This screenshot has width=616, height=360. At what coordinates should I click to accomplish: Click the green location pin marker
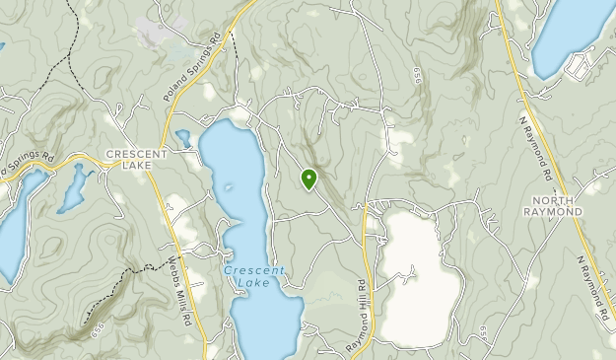click(308, 179)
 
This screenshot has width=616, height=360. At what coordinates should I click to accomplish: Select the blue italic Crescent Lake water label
click(253, 276)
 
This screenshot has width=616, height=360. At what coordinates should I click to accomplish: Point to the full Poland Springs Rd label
click(186, 76)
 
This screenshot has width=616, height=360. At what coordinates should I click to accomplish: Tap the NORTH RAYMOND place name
click(552, 205)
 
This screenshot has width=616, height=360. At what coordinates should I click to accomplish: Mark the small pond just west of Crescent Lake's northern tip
click(182, 137)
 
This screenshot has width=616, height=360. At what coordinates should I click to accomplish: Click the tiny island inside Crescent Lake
click(230, 186)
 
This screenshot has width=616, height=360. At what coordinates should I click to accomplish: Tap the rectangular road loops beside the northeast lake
click(577, 67)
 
